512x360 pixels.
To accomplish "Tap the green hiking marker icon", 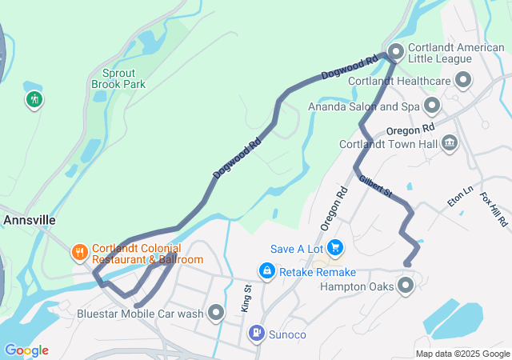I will pos(34,100).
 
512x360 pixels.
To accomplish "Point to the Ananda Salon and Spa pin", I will pos(432,106).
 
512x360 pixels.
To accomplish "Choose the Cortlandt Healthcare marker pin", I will pos(462,80).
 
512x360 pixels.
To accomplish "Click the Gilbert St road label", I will pos(376,188).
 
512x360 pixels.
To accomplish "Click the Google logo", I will pos(26,350).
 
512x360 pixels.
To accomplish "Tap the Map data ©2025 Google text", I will pos(462,354).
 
